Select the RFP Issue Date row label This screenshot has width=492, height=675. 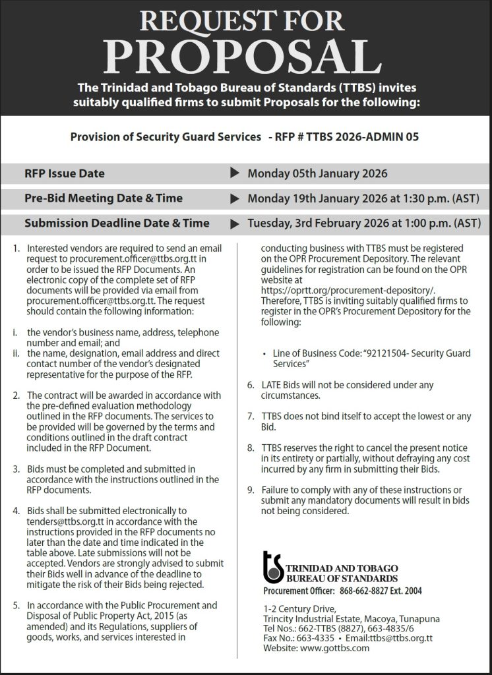pyautogui.click(x=65, y=174)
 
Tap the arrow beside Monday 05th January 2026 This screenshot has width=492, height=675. pyautogui.click(x=234, y=174)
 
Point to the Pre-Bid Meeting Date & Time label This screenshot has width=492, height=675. pyautogui.click(x=104, y=198)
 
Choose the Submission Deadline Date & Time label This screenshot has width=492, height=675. pyautogui.click(x=117, y=223)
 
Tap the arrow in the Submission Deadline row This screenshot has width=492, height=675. pyautogui.click(x=234, y=223)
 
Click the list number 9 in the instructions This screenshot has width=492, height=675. pyautogui.click(x=251, y=490)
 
